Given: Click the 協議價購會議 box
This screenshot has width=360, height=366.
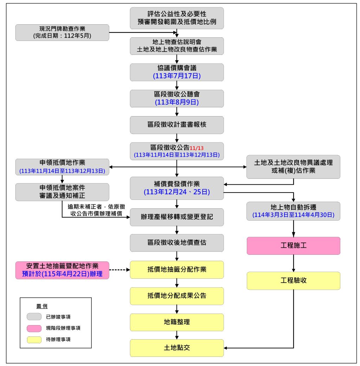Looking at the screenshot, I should (x=176, y=72).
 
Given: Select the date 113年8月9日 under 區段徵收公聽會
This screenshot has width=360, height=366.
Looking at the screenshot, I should (x=176, y=102).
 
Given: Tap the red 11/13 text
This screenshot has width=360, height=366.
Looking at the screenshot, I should (x=197, y=148).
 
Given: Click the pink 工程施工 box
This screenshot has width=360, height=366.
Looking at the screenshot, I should (x=293, y=245).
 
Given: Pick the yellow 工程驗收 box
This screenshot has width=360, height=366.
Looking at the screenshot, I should (x=293, y=280).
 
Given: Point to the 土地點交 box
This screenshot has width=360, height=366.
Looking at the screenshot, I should (x=176, y=348).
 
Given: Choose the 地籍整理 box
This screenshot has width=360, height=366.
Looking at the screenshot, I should (x=176, y=322).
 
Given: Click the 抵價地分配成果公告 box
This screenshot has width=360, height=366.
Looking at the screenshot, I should (x=176, y=296).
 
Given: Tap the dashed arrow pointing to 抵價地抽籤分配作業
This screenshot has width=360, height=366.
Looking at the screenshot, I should (x=120, y=270).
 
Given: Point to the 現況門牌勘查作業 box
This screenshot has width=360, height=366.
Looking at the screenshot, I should (x=62, y=32).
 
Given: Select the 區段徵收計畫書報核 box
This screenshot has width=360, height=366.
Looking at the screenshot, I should (x=176, y=125).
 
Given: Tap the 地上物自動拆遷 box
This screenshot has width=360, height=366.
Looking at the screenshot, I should (x=293, y=211).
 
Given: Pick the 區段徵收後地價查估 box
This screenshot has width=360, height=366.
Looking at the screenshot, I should (x=176, y=243).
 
